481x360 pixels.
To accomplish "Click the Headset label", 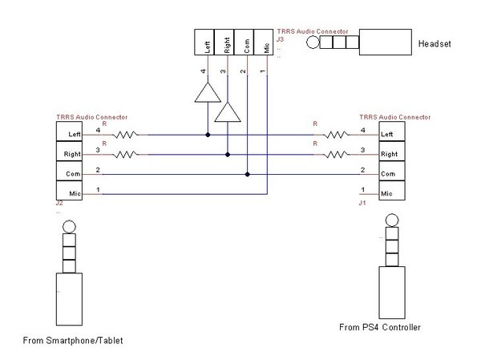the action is tap(435, 43).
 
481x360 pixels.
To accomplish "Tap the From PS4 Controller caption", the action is tap(380, 327).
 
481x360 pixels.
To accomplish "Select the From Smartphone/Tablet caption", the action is tap(73, 341).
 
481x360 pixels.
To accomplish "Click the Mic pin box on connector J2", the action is tap(69, 191).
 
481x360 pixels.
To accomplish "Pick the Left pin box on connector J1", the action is tap(392, 131).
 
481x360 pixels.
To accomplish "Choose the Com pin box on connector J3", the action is tap(244, 42).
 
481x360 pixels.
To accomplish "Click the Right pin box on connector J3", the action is tap(224, 42).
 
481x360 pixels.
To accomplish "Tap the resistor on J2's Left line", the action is tap(126, 135).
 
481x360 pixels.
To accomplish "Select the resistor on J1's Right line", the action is tap(337, 155).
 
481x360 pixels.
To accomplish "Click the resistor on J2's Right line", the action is tap(126, 155).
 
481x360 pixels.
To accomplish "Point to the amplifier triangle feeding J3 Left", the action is tap(208, 92).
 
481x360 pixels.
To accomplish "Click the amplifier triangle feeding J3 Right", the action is tap(228, 112).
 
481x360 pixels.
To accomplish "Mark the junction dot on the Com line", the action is tap(247, 174).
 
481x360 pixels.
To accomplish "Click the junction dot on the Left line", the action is tap(208, 135).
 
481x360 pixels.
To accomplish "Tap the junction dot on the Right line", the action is tap(228, 155).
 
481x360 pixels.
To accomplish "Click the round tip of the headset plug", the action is tap(313, 42).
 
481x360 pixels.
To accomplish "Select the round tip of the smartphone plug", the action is tap(69, 227).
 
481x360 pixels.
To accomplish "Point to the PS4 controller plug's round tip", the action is tap(392, 220).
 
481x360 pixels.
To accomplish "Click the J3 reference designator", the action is tap(280, 39).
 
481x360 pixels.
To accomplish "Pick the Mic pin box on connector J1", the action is tap(392, 191).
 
